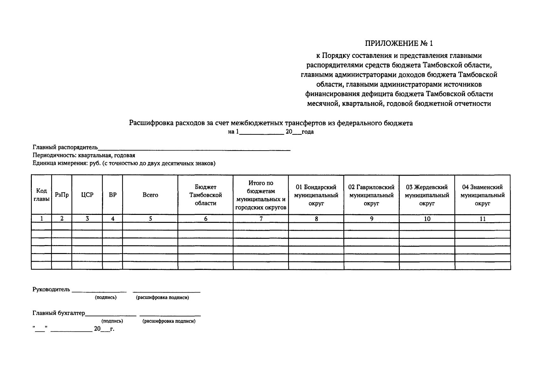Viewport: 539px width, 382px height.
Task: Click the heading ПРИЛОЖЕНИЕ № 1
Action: click(399, 43)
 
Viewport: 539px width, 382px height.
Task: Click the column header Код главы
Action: click(41, 195)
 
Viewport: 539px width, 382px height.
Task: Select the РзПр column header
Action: click(62, 195)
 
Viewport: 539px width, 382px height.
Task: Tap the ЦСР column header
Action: click(87, 195)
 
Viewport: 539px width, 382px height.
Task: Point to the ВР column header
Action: click(113, 195)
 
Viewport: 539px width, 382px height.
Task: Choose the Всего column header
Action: click(150, 195)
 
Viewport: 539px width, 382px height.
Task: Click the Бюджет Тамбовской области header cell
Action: click(205, 195)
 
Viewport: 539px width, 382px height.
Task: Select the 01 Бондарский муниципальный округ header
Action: click(316, 195)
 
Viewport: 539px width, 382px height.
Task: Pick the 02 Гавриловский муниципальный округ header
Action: click(371, 195)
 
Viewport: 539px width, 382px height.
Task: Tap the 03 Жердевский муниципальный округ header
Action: click(427, 195)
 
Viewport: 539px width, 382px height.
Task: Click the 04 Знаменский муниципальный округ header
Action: click(482, 195)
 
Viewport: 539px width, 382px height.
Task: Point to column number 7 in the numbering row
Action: click(261, 219)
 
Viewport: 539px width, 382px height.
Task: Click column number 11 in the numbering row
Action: click(482, 219)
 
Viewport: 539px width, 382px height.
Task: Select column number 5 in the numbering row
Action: click(150, 219)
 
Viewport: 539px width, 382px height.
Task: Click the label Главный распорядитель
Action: click(65, 147)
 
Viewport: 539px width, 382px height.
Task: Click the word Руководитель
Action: click(51, 289)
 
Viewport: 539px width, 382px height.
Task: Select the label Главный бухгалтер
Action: click(59, 313)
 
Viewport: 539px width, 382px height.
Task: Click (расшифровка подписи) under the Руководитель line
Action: click(162, 298)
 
